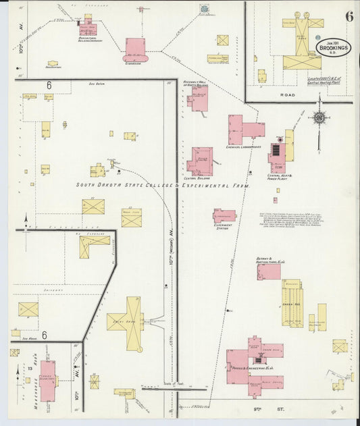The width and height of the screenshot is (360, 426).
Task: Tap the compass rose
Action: coord(319,118)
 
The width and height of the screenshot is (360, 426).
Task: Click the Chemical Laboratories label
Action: coord(244,147)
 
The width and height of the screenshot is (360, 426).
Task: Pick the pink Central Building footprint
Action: coord(201,161)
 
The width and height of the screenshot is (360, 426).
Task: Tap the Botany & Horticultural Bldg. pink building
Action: coord(269,271)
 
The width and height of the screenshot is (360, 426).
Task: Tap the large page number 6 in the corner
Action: coord(349,17)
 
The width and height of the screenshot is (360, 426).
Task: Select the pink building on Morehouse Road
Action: coord(47,380)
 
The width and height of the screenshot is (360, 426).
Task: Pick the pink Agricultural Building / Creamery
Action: coord(89,28)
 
